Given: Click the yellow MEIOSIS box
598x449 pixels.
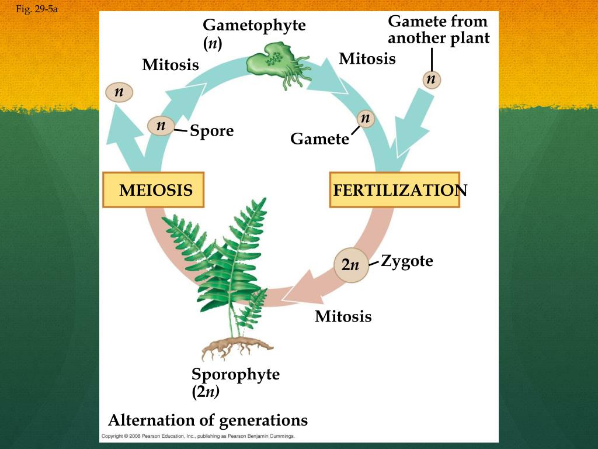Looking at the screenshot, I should click(x=153, y=190).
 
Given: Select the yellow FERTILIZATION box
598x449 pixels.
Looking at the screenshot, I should click(x=395, y=190).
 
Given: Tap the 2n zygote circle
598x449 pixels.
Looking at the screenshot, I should click(x=350, y=265).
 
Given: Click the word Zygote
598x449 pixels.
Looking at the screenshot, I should click(x=407, y=261).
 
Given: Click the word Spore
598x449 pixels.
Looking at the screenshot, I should click(x=211, y=131).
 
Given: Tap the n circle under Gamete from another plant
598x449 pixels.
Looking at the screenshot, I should click(x=432, y=79).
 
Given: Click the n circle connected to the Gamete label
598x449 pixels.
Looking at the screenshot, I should click(x=366, y=119).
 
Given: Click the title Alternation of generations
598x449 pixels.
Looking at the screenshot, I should click(x=208, y=420).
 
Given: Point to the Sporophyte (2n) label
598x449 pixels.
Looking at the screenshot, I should click(x=235, y=382).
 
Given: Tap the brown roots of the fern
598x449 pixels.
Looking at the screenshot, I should click(x=237, y=348).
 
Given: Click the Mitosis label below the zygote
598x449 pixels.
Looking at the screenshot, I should click(x=343, y=317).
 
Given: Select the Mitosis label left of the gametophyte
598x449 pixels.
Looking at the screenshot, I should click(x=171, y=65).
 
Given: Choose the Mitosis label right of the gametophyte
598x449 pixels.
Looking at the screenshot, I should click(x=367, y=59).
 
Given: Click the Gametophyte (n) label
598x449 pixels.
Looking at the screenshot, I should click(x=254, y=34).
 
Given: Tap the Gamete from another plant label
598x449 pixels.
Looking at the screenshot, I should click(x=439, y=30).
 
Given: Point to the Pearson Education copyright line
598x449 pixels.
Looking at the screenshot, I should click(x=198, y=436).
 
